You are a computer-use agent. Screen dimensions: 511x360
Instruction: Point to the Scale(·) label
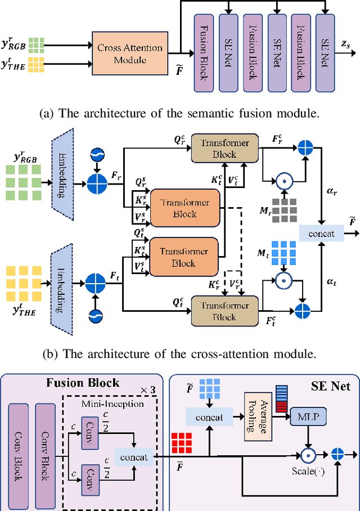point(306,470)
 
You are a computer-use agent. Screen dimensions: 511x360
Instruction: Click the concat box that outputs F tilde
point(317,233)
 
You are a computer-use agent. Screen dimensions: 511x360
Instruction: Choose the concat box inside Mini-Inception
point(133,456)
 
